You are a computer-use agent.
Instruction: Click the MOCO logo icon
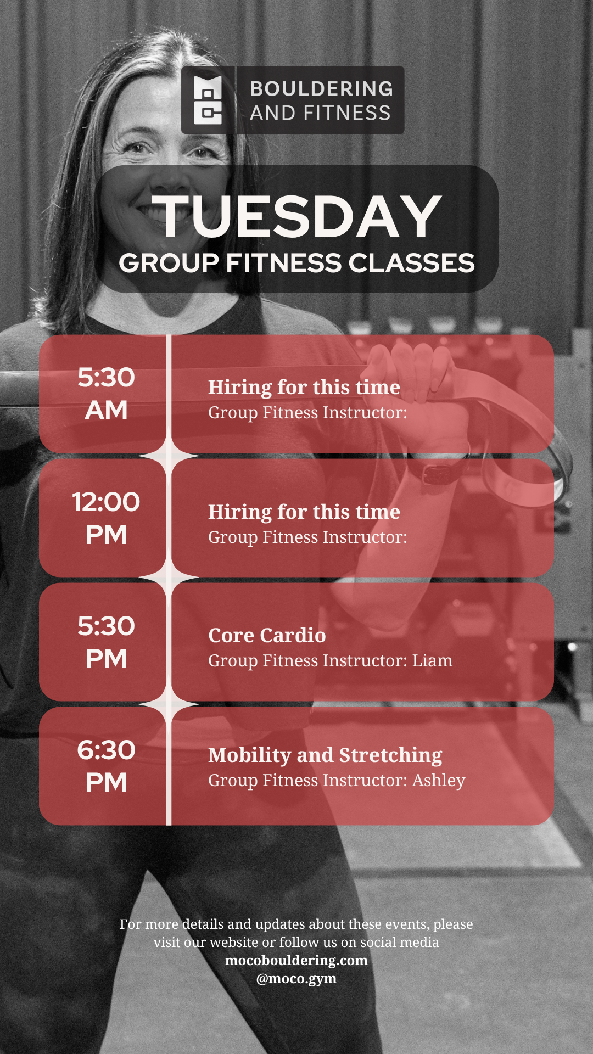pos(208,100)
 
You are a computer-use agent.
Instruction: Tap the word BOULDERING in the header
pos(322,88)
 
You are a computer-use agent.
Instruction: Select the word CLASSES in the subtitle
pos(411,263)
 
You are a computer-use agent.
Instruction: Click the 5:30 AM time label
pos(106,394)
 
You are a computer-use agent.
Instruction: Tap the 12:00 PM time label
pos(106,518)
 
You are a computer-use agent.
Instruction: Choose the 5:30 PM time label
pos(106,642)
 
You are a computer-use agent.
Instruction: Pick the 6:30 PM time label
pos(106,766)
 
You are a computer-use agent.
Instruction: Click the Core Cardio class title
pos(267,635)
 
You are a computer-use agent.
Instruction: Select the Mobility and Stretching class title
pos(325,755)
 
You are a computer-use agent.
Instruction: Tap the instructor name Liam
pos(433,660)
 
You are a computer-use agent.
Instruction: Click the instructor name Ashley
pos(439,781)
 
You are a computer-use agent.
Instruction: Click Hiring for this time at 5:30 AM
pos(304,387)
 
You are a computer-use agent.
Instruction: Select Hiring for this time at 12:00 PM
pos(304,512)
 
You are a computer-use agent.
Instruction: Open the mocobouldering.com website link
pos(296,960)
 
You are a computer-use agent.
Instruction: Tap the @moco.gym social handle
pos(296,978)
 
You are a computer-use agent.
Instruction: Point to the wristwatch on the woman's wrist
pos(435,470)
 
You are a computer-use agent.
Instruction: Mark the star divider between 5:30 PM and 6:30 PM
pos(169,704)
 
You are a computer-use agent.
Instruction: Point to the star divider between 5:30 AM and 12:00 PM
pos(169,456)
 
